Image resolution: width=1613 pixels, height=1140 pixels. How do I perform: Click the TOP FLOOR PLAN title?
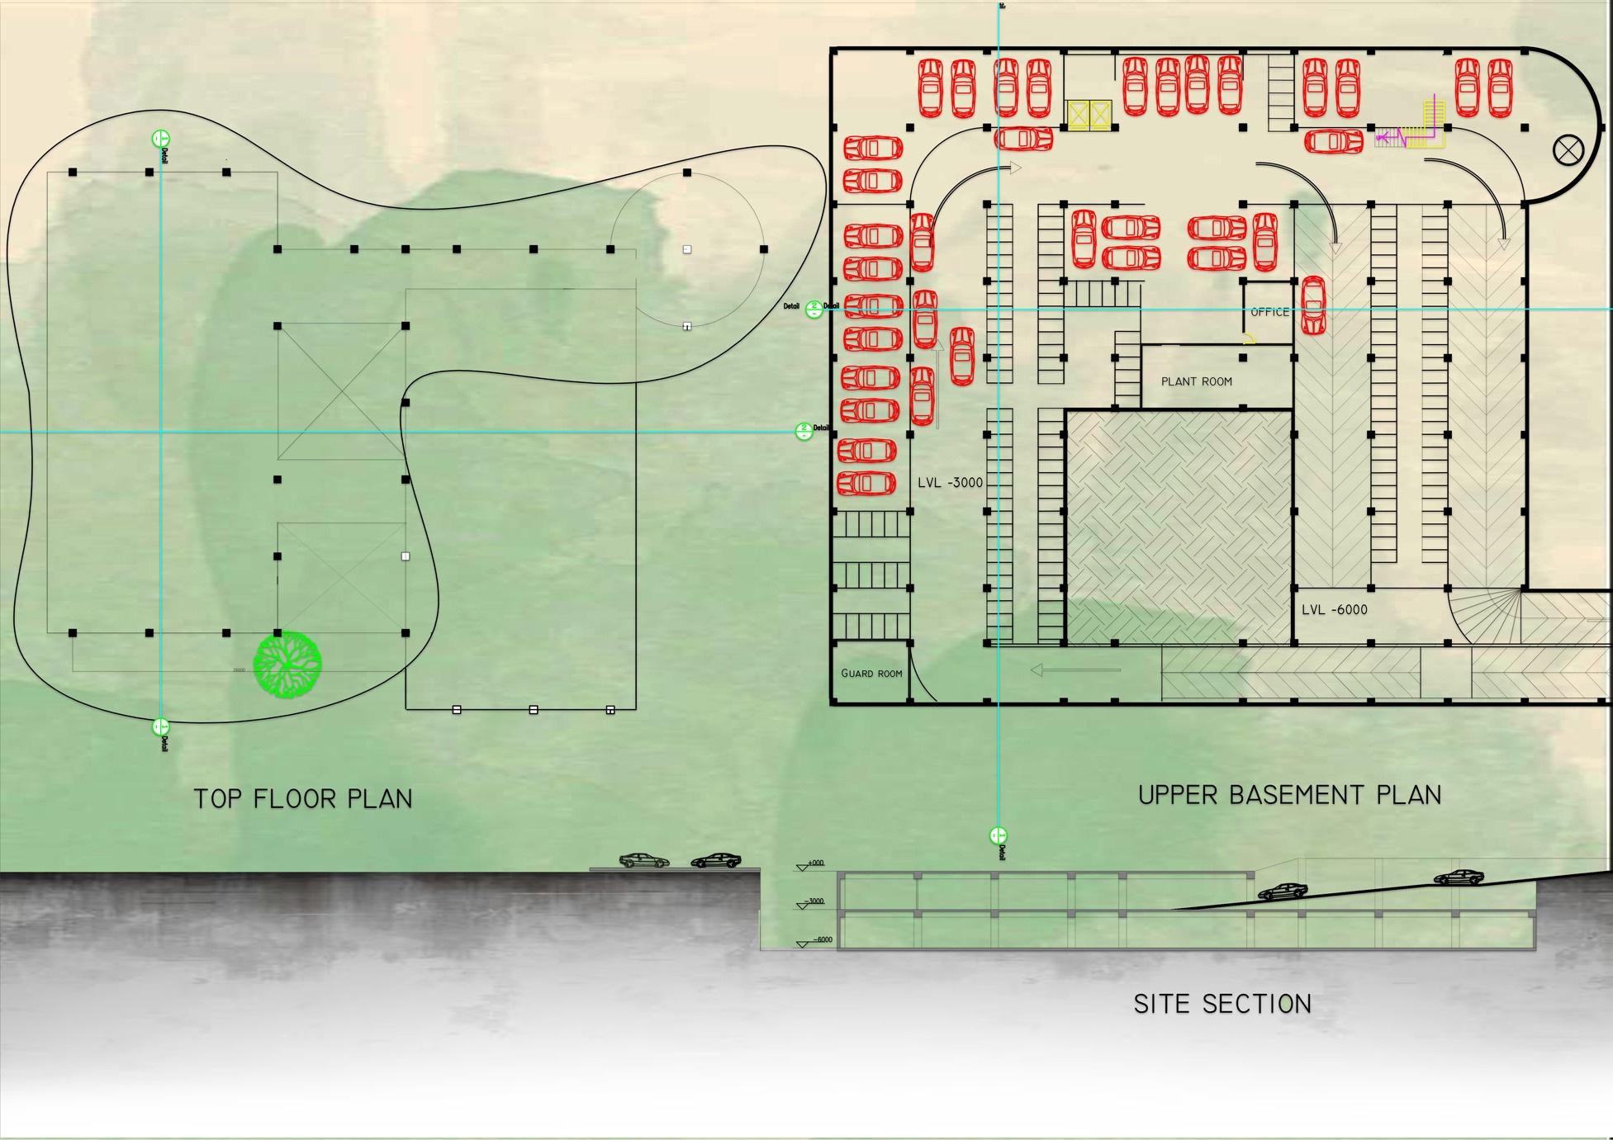[302, 799]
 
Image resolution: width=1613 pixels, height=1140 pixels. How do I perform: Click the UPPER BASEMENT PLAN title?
[1289, 795]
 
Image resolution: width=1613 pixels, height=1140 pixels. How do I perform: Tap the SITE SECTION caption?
[1222, 1004]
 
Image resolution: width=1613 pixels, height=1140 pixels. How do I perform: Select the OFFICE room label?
[1269, 312]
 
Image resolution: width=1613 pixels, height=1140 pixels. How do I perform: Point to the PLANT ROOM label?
[1196, 381]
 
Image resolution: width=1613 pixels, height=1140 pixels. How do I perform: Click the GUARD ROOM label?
[871, 674]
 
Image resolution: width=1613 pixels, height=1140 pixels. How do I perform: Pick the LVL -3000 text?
[950, 482]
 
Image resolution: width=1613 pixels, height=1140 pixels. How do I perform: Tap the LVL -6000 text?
[1334, 610]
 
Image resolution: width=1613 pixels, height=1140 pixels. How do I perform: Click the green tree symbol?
[287, 665]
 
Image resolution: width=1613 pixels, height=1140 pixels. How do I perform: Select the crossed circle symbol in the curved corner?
[1567, 150]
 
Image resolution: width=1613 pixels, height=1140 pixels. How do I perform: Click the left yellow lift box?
[1079, 116]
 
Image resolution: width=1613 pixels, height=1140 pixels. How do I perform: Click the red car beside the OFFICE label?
[1313, 305]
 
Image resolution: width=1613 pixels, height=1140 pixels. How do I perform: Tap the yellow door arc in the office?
[1249, 338]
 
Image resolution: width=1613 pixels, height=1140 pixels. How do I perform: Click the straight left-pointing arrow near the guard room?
[1075, 670]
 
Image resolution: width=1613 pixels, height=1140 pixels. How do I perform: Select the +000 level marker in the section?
[814, 863]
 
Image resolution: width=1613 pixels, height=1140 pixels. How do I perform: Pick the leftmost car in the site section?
[644, 860]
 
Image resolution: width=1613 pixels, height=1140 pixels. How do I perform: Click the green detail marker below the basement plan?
[998, 835]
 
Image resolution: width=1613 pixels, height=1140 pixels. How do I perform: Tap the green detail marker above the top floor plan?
[160, 139]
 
